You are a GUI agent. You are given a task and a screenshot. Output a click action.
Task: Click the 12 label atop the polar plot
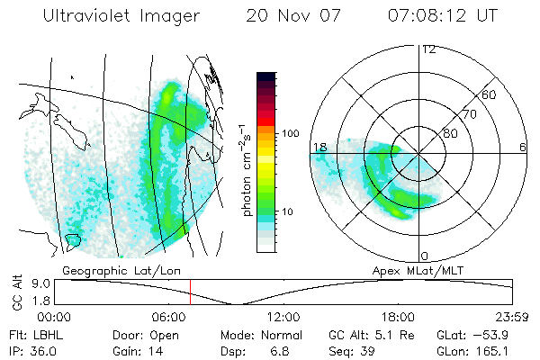pos(428,49)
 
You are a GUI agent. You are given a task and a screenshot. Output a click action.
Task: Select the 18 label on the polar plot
pos(319,146)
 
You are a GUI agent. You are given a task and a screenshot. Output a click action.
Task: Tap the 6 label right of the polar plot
pos(522,147)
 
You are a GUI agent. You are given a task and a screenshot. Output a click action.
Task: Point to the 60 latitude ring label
pos(489,94)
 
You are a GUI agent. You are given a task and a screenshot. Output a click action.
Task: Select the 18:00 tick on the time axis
pos(398,317)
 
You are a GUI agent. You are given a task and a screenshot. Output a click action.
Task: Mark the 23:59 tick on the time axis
pos(511,317)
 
